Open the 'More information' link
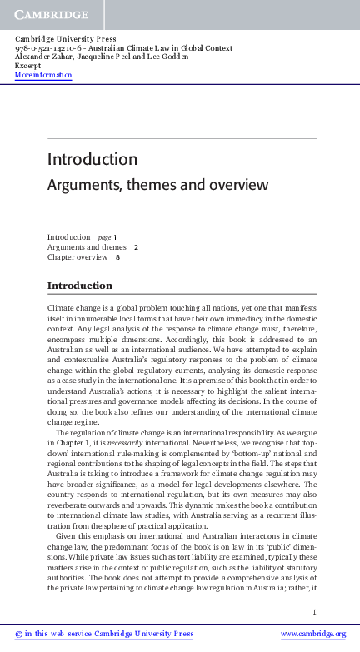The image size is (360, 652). (x=43, y=75)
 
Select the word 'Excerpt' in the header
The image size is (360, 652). (x=28, y=66)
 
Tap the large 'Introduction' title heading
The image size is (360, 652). (x=92, y=159)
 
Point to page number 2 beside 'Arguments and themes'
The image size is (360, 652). (x=136, y=247)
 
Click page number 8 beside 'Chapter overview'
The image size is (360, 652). (x=117, y=257)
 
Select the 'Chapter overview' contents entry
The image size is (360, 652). (x=77, y=257)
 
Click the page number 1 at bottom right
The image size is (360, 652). (x=315, y=613)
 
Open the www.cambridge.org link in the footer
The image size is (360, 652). (x=312, y=634)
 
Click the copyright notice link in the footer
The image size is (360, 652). (x=104, y=634)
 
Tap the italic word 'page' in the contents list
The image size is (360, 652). (x=105, y=237)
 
